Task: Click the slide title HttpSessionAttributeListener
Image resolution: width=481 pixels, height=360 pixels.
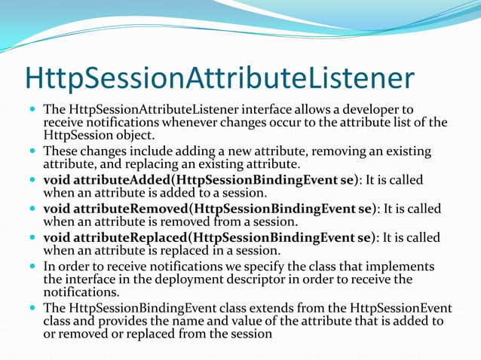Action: coord(219,79)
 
